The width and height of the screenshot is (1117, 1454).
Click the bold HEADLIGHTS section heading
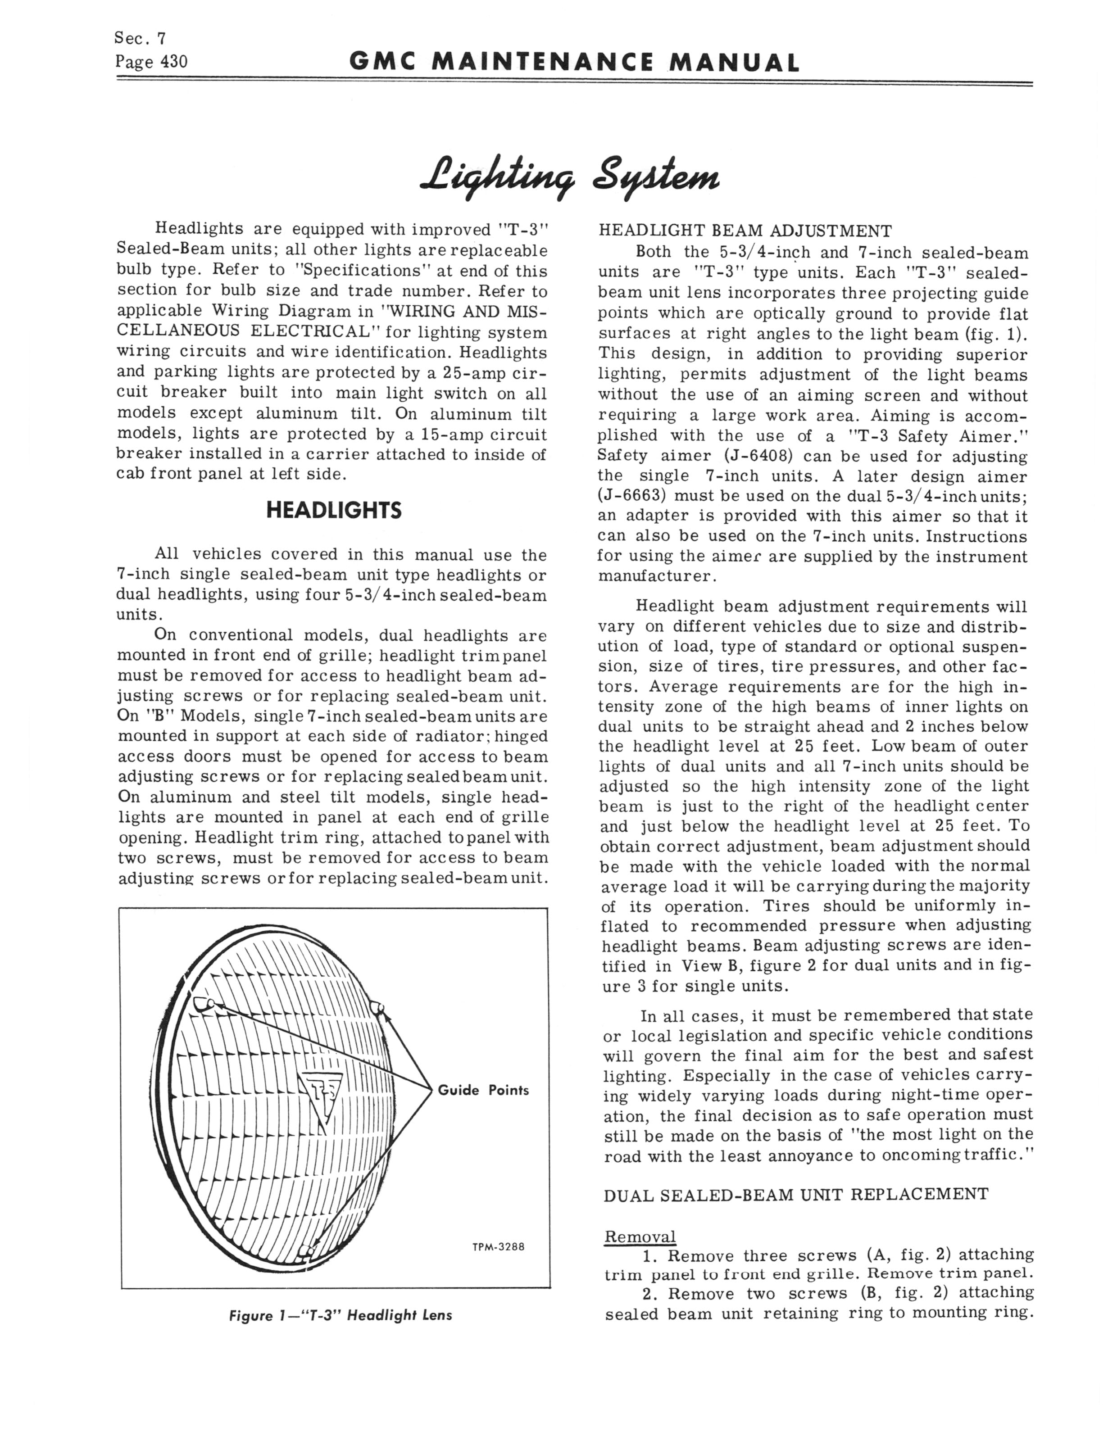tap(334, 510)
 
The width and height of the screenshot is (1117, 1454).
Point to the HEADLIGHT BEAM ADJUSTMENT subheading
tap(745, 231)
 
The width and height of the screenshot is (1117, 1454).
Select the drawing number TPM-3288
tap(499, 1247)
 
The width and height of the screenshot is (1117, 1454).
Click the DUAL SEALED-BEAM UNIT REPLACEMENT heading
tap(796, 1195)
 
